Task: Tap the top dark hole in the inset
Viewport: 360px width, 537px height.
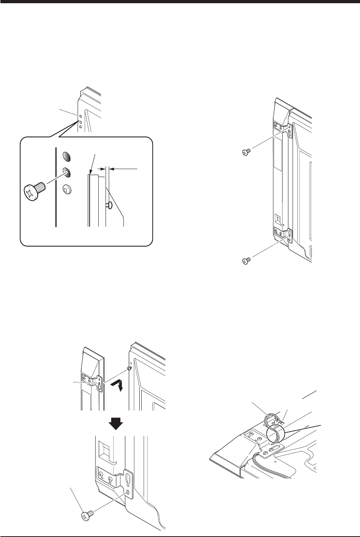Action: click(67, 156)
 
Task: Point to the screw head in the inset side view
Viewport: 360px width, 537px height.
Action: click(109, 205)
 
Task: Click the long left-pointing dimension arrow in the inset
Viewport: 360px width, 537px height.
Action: click(124, 169)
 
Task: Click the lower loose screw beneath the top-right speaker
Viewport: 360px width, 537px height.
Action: click(245, 261)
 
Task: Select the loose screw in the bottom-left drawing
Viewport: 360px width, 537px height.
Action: click(87, 515)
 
